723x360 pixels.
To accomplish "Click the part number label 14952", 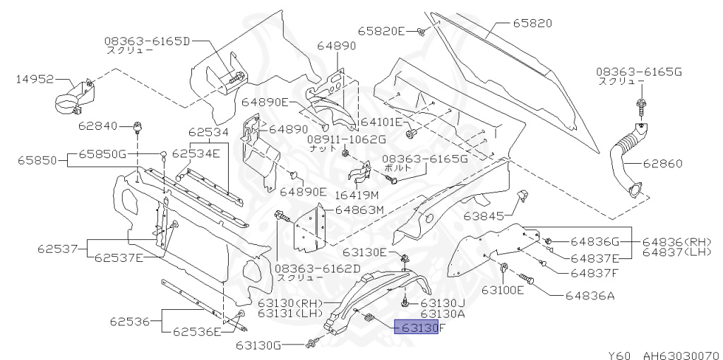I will click(35, 80).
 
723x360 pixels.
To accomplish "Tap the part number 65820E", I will click(381, 31).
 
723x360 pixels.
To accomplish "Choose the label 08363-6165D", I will click(148, 41).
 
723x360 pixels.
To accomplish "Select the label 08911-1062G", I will click(346, 140).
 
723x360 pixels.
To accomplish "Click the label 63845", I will click(484, 215).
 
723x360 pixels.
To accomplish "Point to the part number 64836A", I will click(588, 296).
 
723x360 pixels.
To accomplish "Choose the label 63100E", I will click(503, 289).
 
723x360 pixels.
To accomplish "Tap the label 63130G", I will click(258, 345).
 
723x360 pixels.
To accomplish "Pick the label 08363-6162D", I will click(317, 268).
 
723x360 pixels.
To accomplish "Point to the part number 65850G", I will click(102, 153).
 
